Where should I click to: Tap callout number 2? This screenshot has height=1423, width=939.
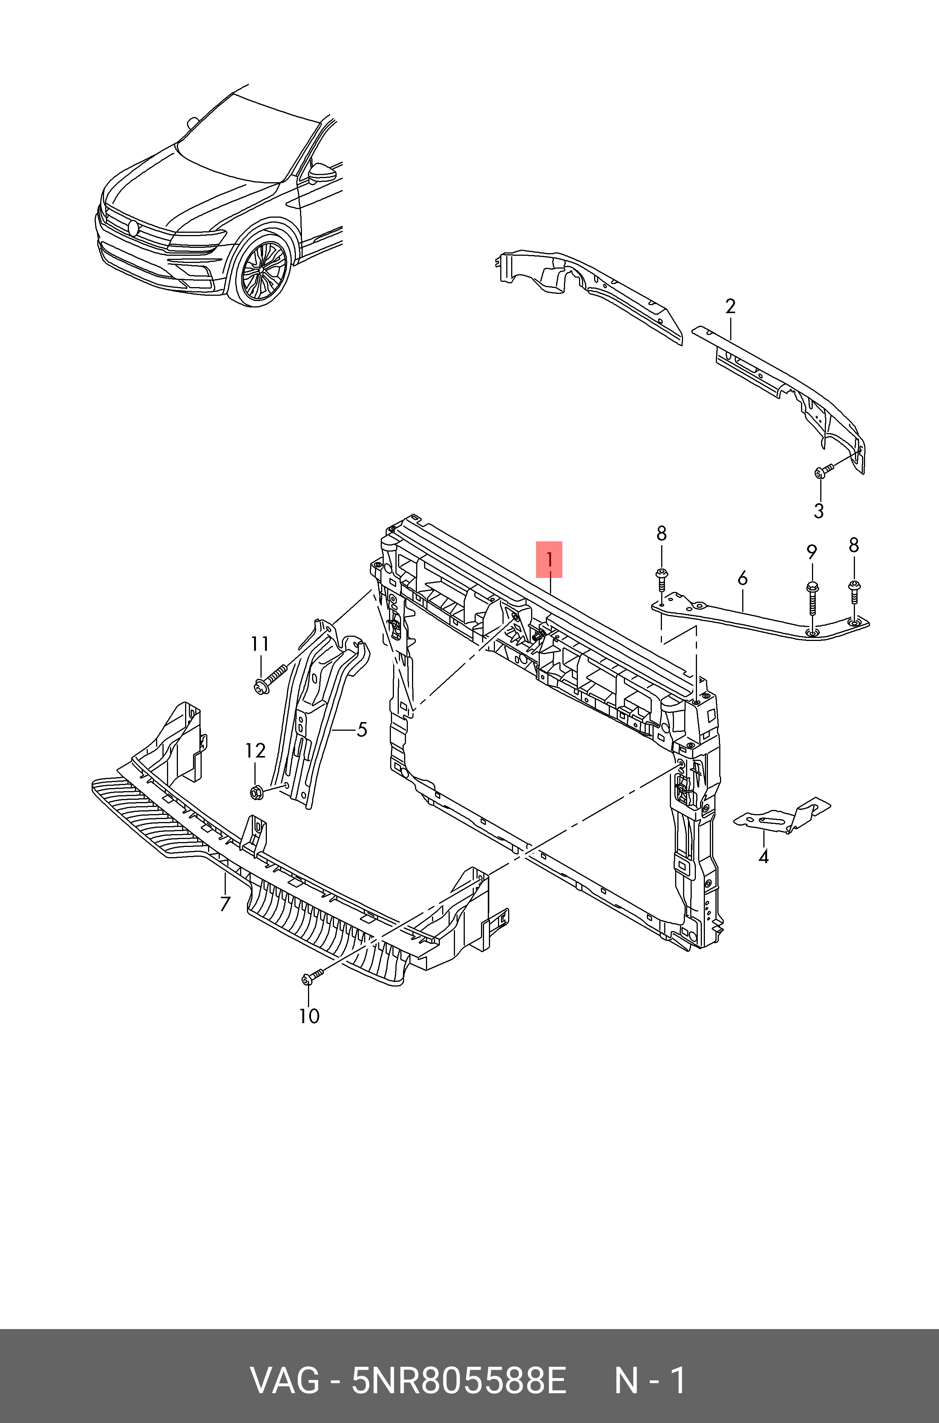click(730, 307)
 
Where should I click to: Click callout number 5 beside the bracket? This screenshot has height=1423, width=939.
click(362, 729)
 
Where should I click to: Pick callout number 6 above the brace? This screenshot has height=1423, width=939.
click(743, 578)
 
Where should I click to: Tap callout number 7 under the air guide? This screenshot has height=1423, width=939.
click(225, 904)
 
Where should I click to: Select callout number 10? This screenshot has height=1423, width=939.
click(309, 1016)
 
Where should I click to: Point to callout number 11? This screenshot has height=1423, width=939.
click(259, 644)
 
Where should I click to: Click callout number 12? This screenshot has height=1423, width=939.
click(255, 751)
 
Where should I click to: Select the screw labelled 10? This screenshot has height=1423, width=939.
click(311, 977)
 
